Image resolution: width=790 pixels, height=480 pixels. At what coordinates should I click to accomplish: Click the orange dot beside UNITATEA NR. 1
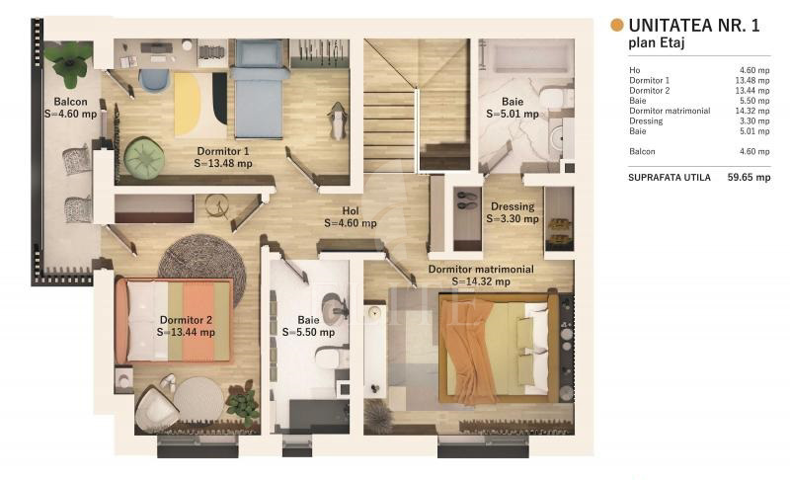point(616,25)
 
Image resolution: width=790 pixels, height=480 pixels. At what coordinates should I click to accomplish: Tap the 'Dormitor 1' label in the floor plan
point(223,151)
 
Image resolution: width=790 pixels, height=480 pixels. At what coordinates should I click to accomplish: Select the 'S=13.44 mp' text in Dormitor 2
point(186,333)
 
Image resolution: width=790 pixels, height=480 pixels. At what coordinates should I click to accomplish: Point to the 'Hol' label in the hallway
point(351,211)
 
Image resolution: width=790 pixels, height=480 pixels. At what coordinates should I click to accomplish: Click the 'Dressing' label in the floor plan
point(513,206)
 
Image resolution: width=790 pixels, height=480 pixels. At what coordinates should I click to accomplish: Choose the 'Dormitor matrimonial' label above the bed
point(481,270)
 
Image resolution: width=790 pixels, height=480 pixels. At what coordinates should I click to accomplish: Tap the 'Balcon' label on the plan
point(70,102)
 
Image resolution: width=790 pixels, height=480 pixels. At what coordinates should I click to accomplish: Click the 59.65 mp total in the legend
point(749,178)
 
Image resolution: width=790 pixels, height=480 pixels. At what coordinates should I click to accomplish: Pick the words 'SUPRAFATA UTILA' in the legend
point(670,178)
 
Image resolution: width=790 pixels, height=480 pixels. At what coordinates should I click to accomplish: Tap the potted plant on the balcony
point(69,63)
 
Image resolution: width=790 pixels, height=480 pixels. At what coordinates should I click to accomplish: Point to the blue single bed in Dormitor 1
point(259,89)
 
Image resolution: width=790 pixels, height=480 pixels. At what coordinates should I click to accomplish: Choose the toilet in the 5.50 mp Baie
point(333,359)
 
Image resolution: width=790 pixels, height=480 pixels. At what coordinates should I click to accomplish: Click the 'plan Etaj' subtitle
point(656,42)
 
